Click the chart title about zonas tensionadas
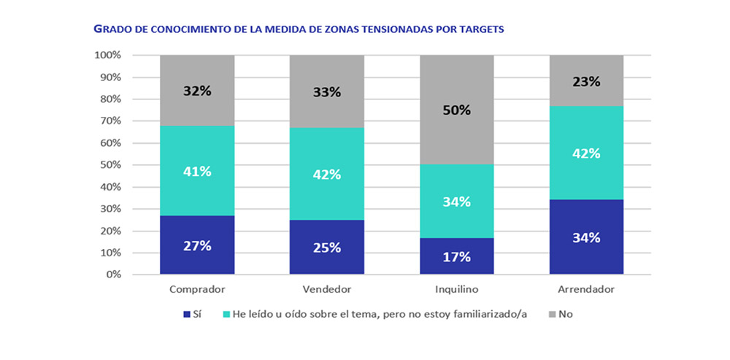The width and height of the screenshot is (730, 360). [x=299, y=30]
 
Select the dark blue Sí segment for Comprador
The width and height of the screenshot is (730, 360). [x=197, y=245]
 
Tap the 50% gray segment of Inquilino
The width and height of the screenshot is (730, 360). [x=456, y=110]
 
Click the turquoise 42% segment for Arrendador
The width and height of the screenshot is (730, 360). [x=586, y=153]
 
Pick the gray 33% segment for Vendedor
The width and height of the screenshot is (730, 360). [x=326, y=91]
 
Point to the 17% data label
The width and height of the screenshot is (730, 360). [x=456, y=257]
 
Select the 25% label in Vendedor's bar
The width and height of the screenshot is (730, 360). [x=326, y=248]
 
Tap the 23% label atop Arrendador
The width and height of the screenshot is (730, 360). [x=586, y=82]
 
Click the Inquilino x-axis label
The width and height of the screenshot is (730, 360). [x=456, y=289]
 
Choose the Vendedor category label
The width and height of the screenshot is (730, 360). [x=326, y=289]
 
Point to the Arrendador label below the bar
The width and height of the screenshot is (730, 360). [x=586, y=289]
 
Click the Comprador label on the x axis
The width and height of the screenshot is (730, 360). [x=197, y=289]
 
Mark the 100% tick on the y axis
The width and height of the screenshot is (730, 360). [x=107, y=55]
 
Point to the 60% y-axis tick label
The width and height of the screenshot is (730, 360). [x=109, y=143]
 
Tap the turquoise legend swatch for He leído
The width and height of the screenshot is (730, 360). [x=227, y=315]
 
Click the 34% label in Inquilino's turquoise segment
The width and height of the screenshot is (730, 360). [x=456, y=202]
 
